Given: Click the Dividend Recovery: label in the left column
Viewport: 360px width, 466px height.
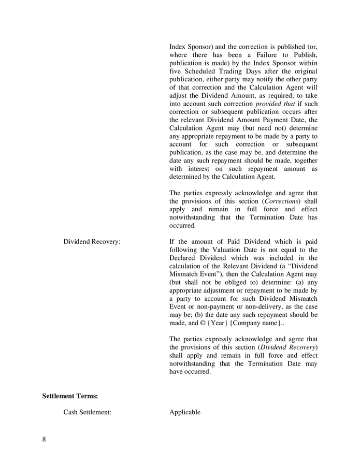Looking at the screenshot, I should [92, 242].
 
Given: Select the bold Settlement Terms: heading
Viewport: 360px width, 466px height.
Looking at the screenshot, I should [70, 396].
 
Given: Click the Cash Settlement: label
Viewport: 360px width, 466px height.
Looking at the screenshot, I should [87, 412].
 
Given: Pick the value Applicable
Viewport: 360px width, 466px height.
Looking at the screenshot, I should [184, 412].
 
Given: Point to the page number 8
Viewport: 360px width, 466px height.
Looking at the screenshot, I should [44, 439].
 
